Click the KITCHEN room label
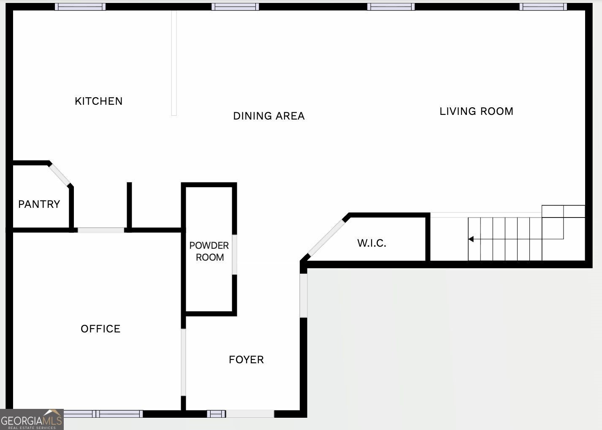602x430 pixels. click(99, 101)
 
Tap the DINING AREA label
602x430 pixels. click(269, 116)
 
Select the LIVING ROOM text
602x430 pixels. click(476, 111)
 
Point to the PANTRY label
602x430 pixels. click(39, 204)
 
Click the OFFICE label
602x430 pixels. click(100, 329)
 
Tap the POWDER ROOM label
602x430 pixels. click(209, 251)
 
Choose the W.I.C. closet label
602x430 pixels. click(372, 243)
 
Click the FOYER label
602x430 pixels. click(246, 359)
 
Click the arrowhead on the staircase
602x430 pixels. click(471, 239)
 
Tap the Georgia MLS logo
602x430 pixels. click(32, 419)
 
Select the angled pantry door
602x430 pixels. click(60, 175)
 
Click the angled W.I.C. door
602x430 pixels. click(326, 238)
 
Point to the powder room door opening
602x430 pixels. click(235, 254)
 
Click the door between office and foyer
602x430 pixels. click(183, 362)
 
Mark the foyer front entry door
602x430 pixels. click(250, 414)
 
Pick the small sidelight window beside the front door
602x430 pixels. click(216, 414)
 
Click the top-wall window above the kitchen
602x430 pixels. click(80, 7)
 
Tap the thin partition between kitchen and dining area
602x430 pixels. click(174, 63)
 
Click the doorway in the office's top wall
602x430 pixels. click(101, 230)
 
